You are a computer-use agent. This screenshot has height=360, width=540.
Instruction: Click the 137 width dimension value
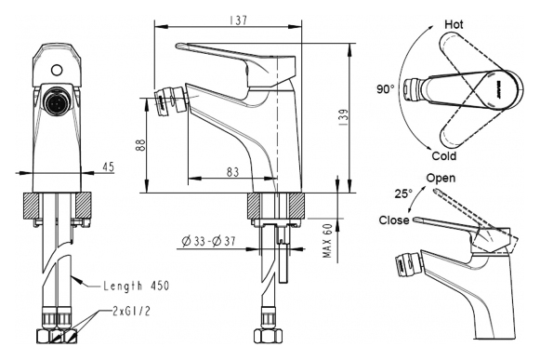click(x=238, y=20)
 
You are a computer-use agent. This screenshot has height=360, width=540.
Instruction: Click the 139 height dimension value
click(x=343, y=117)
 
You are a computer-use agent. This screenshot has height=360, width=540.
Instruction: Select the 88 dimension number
click(x=140, y=145)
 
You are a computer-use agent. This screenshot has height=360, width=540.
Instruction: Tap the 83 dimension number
click(x=232, y=172)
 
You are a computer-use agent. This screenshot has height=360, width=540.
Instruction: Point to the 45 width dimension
click(x=108, y=167)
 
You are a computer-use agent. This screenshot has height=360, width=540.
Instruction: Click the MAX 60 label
click(x=327, y=240)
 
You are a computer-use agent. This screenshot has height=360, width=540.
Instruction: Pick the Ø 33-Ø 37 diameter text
click(x=209, y=241)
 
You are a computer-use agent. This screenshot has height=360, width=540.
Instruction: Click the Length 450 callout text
click(x=137, y=286)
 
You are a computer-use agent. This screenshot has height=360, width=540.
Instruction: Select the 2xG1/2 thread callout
click(x=131, y=311)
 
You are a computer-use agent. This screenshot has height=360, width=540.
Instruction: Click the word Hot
click(x=454, y=24)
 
